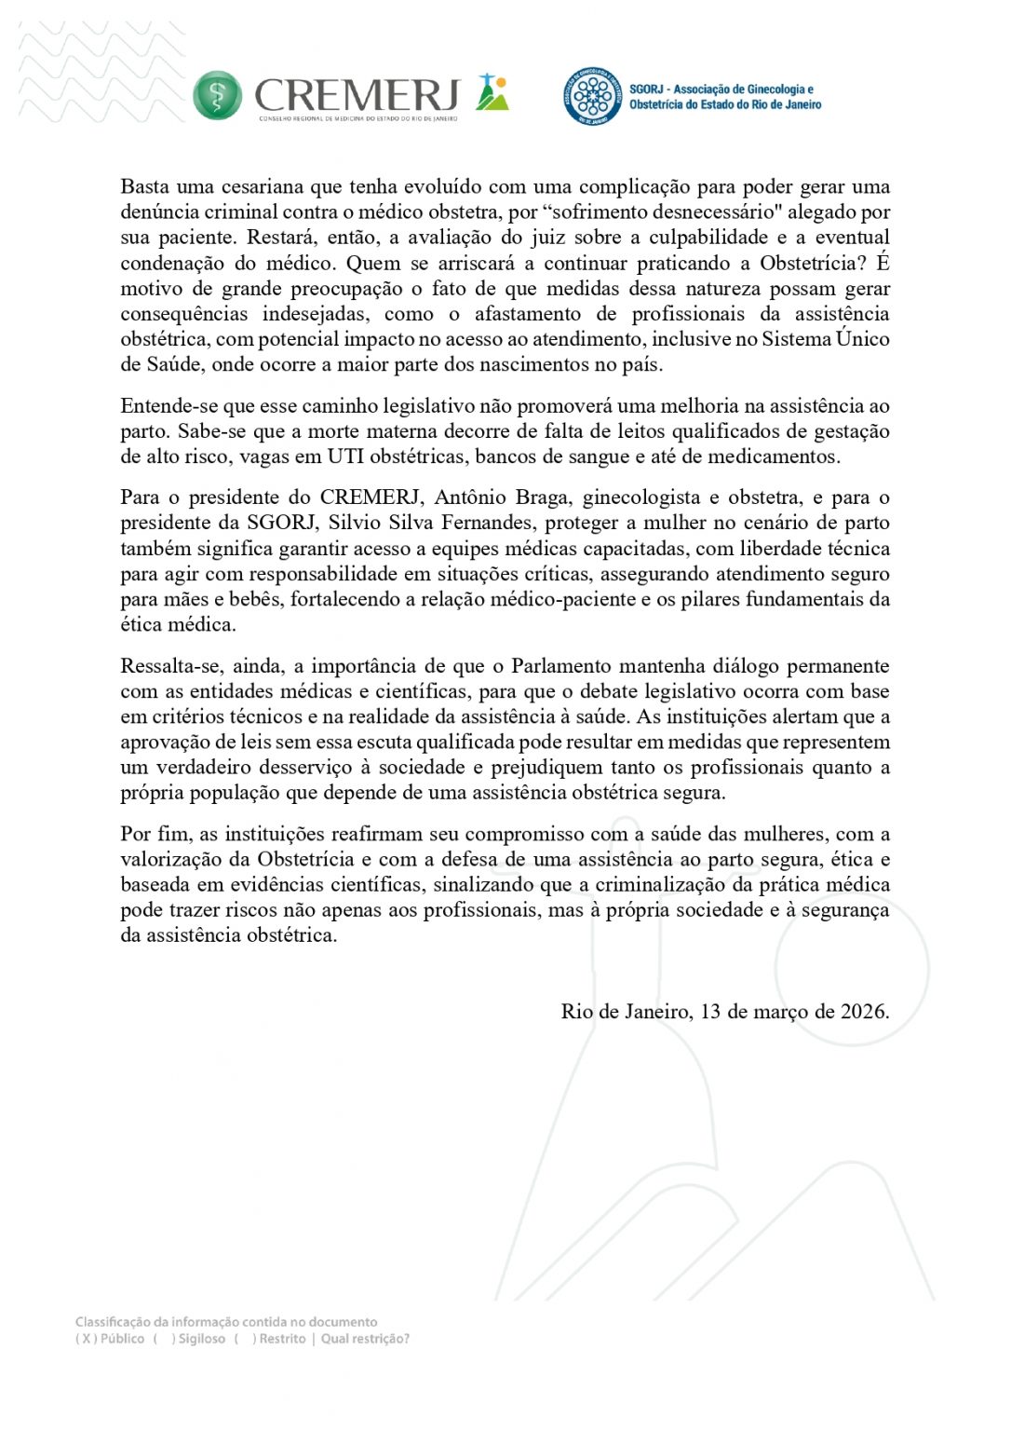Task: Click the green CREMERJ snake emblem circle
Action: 217,96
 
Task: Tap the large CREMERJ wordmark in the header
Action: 357,95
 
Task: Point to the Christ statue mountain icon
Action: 492,93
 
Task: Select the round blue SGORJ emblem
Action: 592,96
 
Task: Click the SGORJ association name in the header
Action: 724,97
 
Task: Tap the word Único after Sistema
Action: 862,339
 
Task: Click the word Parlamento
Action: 572,666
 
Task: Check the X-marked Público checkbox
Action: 87,1339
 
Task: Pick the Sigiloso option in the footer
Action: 201,1339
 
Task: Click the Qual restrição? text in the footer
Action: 365,1339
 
